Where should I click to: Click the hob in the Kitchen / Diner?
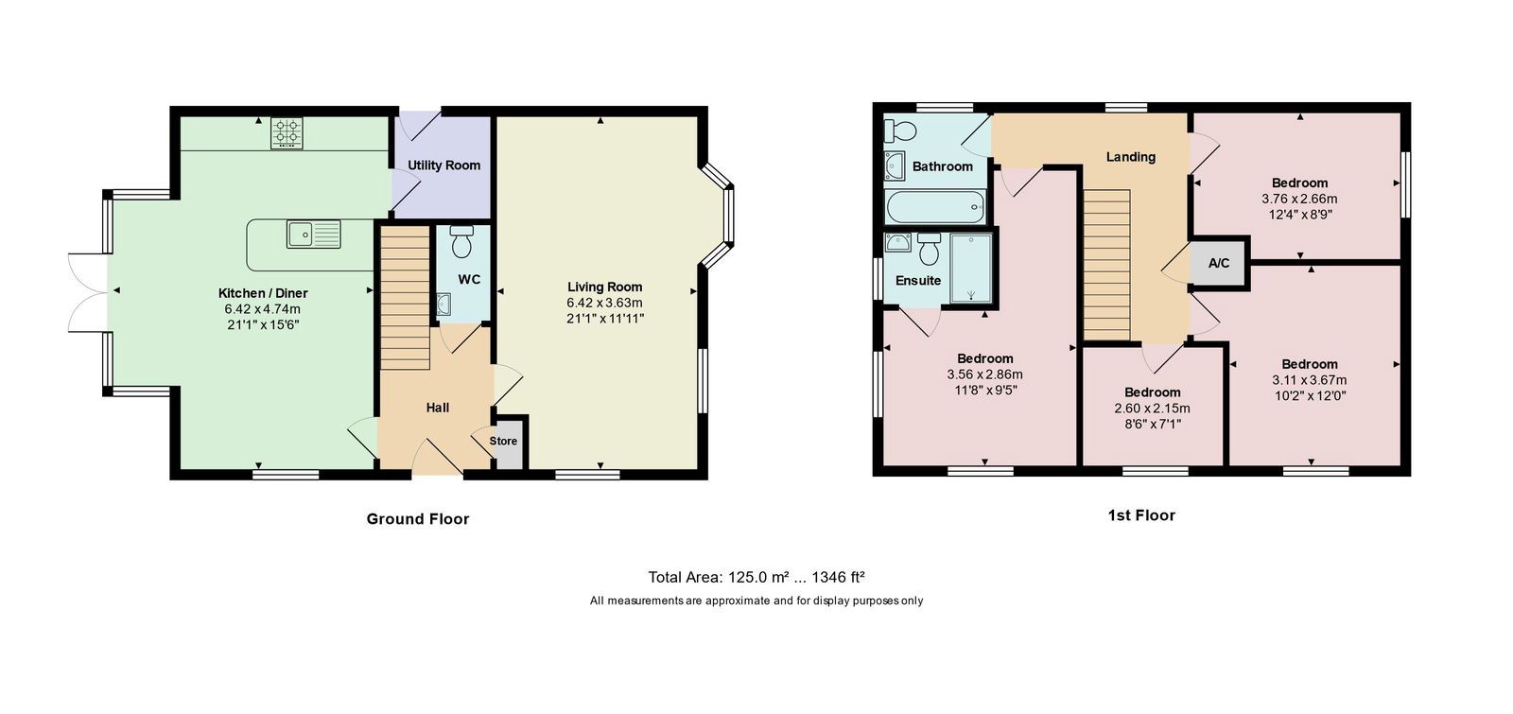point(287,133)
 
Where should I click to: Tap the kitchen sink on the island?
point(313,235)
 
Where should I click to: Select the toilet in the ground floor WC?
point(462,242)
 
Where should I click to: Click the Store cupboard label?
point(503,441)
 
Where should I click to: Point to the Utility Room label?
point(443,165)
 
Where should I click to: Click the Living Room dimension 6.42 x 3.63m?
point(604,303)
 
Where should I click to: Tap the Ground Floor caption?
point(417,519)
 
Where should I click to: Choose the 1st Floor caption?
point(1141,515)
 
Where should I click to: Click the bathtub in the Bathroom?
point(935,207)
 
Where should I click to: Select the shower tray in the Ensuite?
point(971,268)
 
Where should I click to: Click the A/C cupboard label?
point(1219,263)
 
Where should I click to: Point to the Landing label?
point(1131,157)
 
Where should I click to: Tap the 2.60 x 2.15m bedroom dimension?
point(1153,408)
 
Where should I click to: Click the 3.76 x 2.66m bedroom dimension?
point(1299,199)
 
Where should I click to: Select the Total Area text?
point(756,577)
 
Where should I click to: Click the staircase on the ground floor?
point(406,298)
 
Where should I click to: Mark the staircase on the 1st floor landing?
point(1107,265)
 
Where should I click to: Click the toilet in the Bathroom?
point(899,131)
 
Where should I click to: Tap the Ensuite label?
point(918,280)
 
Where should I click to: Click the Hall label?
point(438,408)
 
